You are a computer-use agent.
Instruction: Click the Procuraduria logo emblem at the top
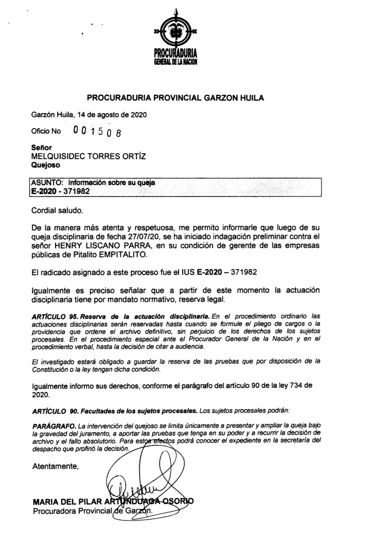pos(175,32)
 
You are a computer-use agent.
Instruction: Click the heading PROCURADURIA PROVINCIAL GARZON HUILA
pos(186,97)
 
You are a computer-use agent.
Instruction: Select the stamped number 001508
pos(98,132)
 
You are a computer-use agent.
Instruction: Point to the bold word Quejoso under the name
pos(46,165)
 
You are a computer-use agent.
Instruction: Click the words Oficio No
pos(46,131)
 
